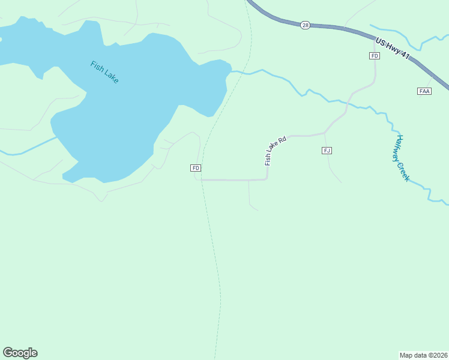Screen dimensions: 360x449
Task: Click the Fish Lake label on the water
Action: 104,72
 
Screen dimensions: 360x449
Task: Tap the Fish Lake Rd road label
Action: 276,151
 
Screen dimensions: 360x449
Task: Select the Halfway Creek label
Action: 402,158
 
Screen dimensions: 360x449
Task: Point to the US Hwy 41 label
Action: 393,49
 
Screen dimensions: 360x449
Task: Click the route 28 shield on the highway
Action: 305,25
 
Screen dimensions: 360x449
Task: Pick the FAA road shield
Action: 424,91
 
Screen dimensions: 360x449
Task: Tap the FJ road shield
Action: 327,150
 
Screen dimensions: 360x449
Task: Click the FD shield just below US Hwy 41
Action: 375,56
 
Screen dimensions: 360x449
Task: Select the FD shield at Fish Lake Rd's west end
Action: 196,168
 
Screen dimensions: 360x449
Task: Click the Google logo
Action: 20,353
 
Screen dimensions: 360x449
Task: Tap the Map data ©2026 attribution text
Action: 423,355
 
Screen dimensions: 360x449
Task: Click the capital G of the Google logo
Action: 8,353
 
